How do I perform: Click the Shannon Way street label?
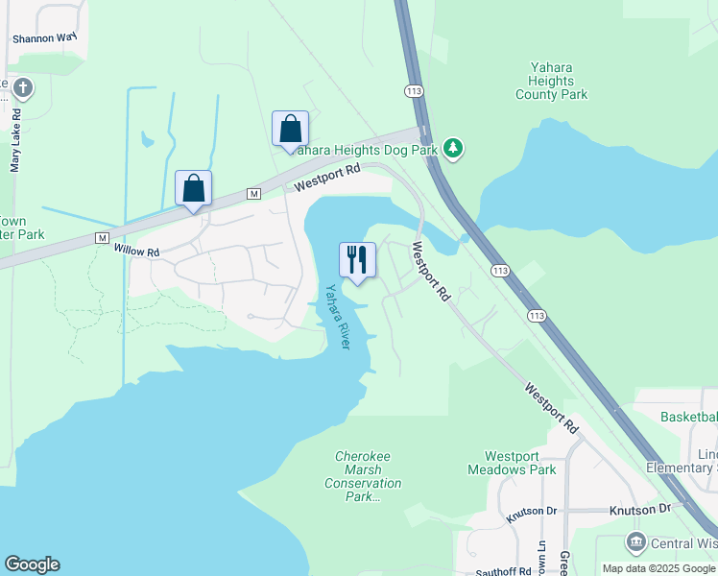pyautogui.click(x=44, y=38)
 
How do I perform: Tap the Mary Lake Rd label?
pyautogui.click(x=15, y=140)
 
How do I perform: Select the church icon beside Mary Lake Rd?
pyautogui.click(x=22, y=89)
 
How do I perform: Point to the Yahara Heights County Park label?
pyautogui.click(x=551, y=81)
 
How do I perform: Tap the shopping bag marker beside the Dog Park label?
pyautogui.click(x=290, y=131)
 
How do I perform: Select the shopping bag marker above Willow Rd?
pyautogui.click(x=193, y=189)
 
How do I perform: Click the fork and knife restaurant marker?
pyautogui.click(x=357, y=261)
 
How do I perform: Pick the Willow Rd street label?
pyautogui.click(x=135, y=251)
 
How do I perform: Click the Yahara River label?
pyautogui.click(x=337, y=316)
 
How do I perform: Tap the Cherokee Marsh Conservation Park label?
pyautogui.click(x=362, y=476)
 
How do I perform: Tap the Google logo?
pyautogui.click(x=32, y=564)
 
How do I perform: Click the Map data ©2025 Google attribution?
pyautogui.click(x=659, y=568)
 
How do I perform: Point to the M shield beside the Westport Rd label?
pyautogui.click(x=253, y=194)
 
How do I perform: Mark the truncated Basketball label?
pyautogui.click(x=688, y=417)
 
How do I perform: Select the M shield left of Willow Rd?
pyautogui.click(x=103, y=237)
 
